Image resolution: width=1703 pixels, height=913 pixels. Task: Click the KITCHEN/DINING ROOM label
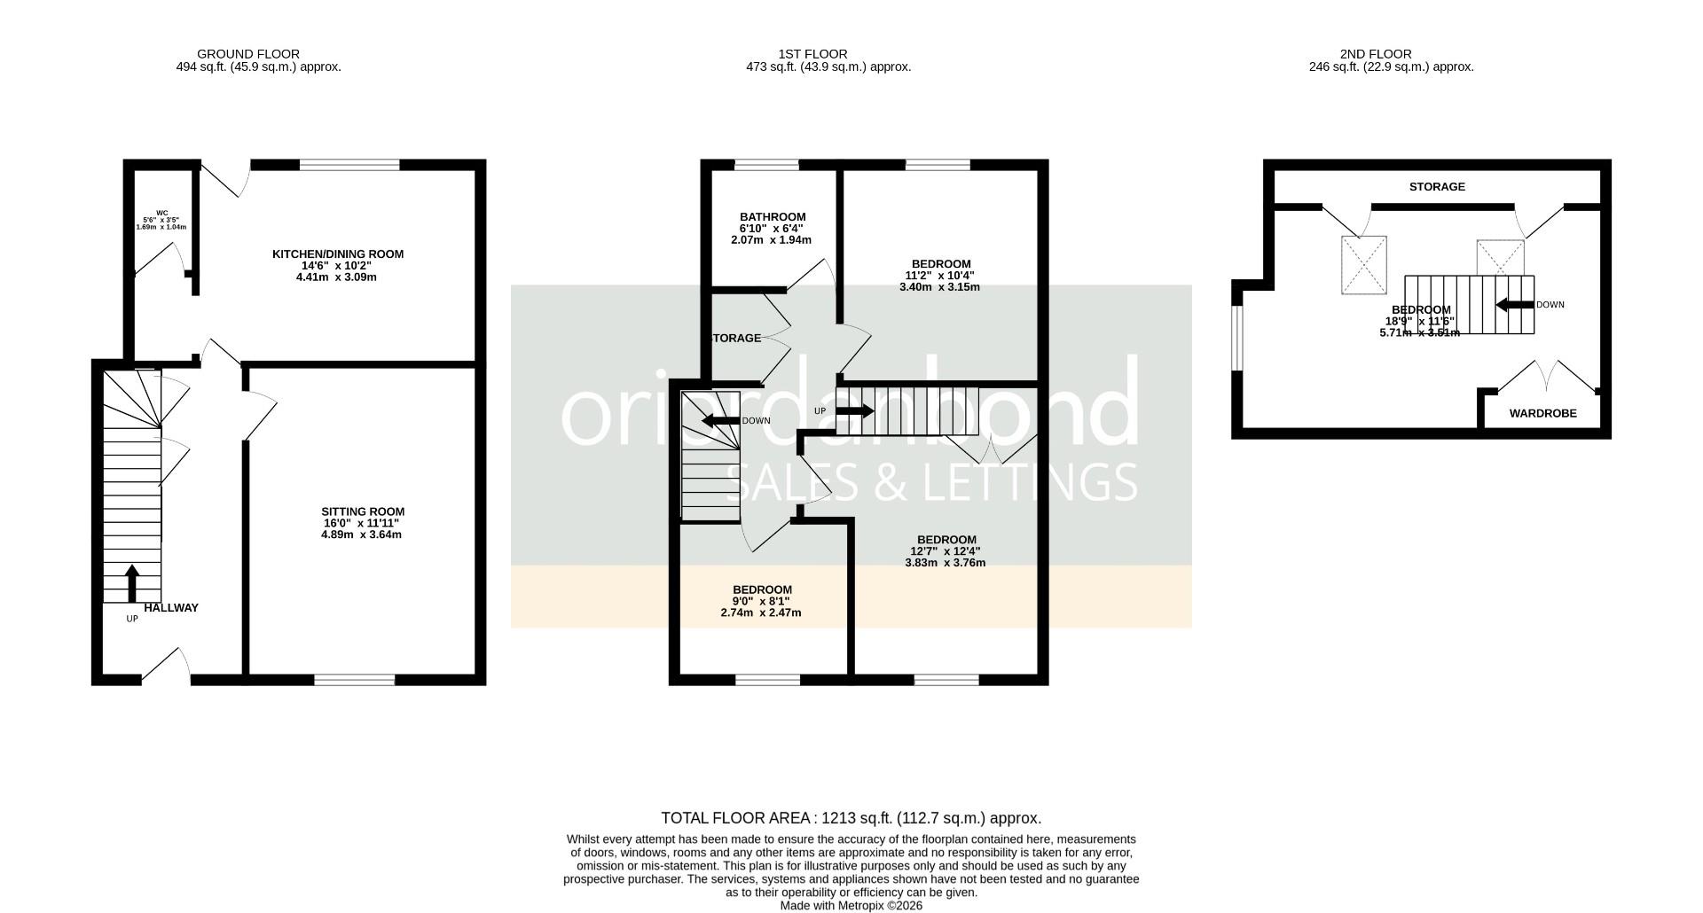pyautogui.click(x=337, y=254)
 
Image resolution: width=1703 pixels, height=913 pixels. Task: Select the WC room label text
pyautogui.click(x=161, y=213)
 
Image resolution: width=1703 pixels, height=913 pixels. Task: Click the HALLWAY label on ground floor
pyautogui.click(x=171, y=608)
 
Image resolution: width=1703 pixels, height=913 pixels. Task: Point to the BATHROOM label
pyautogui.click(x=772, y=217)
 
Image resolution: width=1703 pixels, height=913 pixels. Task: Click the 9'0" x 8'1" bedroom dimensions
pyautogui.click(x=761, y=601)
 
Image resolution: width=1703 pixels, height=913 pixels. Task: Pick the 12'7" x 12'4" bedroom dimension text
pyautogui.click(x=945, y=551)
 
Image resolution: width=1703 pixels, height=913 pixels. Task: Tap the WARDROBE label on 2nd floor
pyautogui.click(x=1542, y=413)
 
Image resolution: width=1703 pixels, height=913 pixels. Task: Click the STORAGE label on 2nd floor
pyautogui.click(x=1437, y=187)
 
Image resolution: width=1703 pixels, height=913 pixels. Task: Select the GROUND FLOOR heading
pyautogui.click(x=248, y=54)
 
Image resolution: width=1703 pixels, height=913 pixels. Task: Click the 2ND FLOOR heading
pyautogui.click(x=1376, y=54)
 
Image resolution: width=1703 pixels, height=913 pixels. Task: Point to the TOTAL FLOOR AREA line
pyautogui.click(x=851, y=818)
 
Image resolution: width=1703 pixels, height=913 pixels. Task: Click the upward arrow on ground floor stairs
pyautogui.click(x=132, y=583)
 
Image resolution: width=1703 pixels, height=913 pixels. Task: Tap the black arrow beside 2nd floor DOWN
pyautogui.click(x=1514, y=305)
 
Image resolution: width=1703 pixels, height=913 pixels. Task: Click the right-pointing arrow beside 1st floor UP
pyautogui.click(x=854, y=411)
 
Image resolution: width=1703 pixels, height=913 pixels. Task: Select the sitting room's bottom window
pyautogui.click(x=354, y=680)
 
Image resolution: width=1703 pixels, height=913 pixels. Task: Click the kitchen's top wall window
pyautogui.click(x=349, y=165)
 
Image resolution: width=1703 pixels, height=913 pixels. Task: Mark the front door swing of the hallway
pyautogui.click(x=167, y=665)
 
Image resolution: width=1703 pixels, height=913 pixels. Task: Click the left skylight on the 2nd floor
pyautogui.click(x=1362, y=264)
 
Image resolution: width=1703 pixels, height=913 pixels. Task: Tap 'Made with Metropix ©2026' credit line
pyautogui.click(x=851, y=906)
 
